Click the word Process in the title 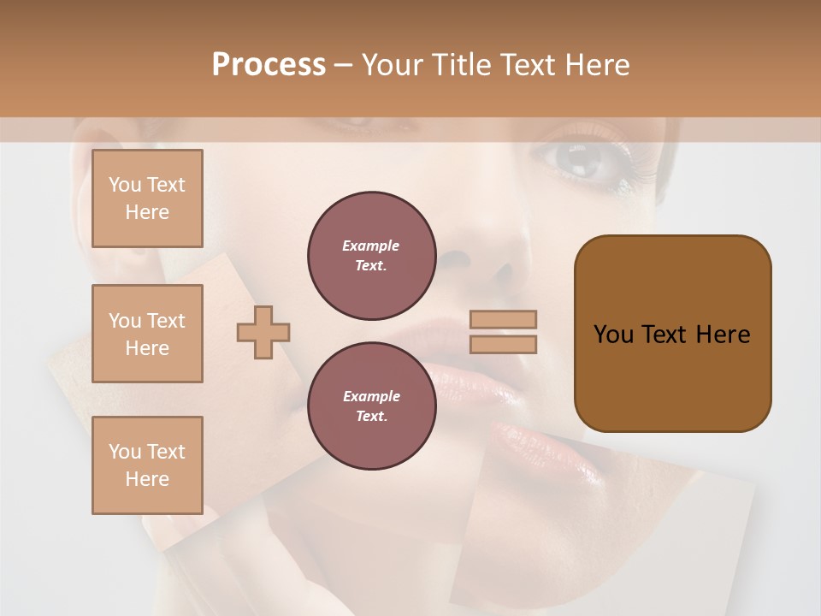point(269,65)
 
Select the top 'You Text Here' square point(147,198)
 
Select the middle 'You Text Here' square point(147,334)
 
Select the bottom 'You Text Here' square point(147,465)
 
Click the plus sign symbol point(263,332)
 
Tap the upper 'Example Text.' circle point(372,256)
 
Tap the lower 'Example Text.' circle point(372,406)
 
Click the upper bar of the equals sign point(504,319)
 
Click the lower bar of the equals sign point(504,344)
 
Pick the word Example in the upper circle point(371,246)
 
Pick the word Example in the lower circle point(371,397)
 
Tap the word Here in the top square point(147,212)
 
